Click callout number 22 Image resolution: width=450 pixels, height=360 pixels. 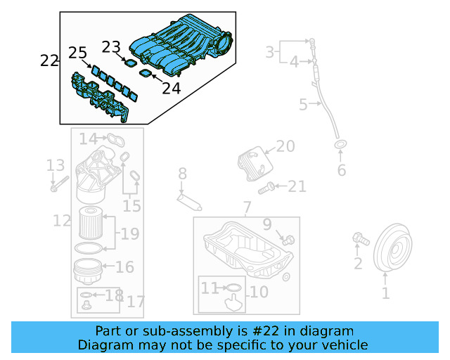(x=49, y=60)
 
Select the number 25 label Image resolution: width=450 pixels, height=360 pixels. (x=77, y=53)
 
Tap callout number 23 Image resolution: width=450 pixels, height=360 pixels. (x=111, y=47)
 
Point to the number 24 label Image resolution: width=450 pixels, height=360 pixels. (x=171, y=88)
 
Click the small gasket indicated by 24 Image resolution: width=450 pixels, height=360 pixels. (x=146, y=73)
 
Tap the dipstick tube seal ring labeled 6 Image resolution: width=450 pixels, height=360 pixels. (x=340, y=146)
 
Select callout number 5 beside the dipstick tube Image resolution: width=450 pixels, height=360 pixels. (x=303, y=105)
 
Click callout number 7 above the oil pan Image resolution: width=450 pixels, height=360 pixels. (x=247, y=207)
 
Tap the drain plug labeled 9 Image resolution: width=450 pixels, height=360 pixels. (x=289, y=240)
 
